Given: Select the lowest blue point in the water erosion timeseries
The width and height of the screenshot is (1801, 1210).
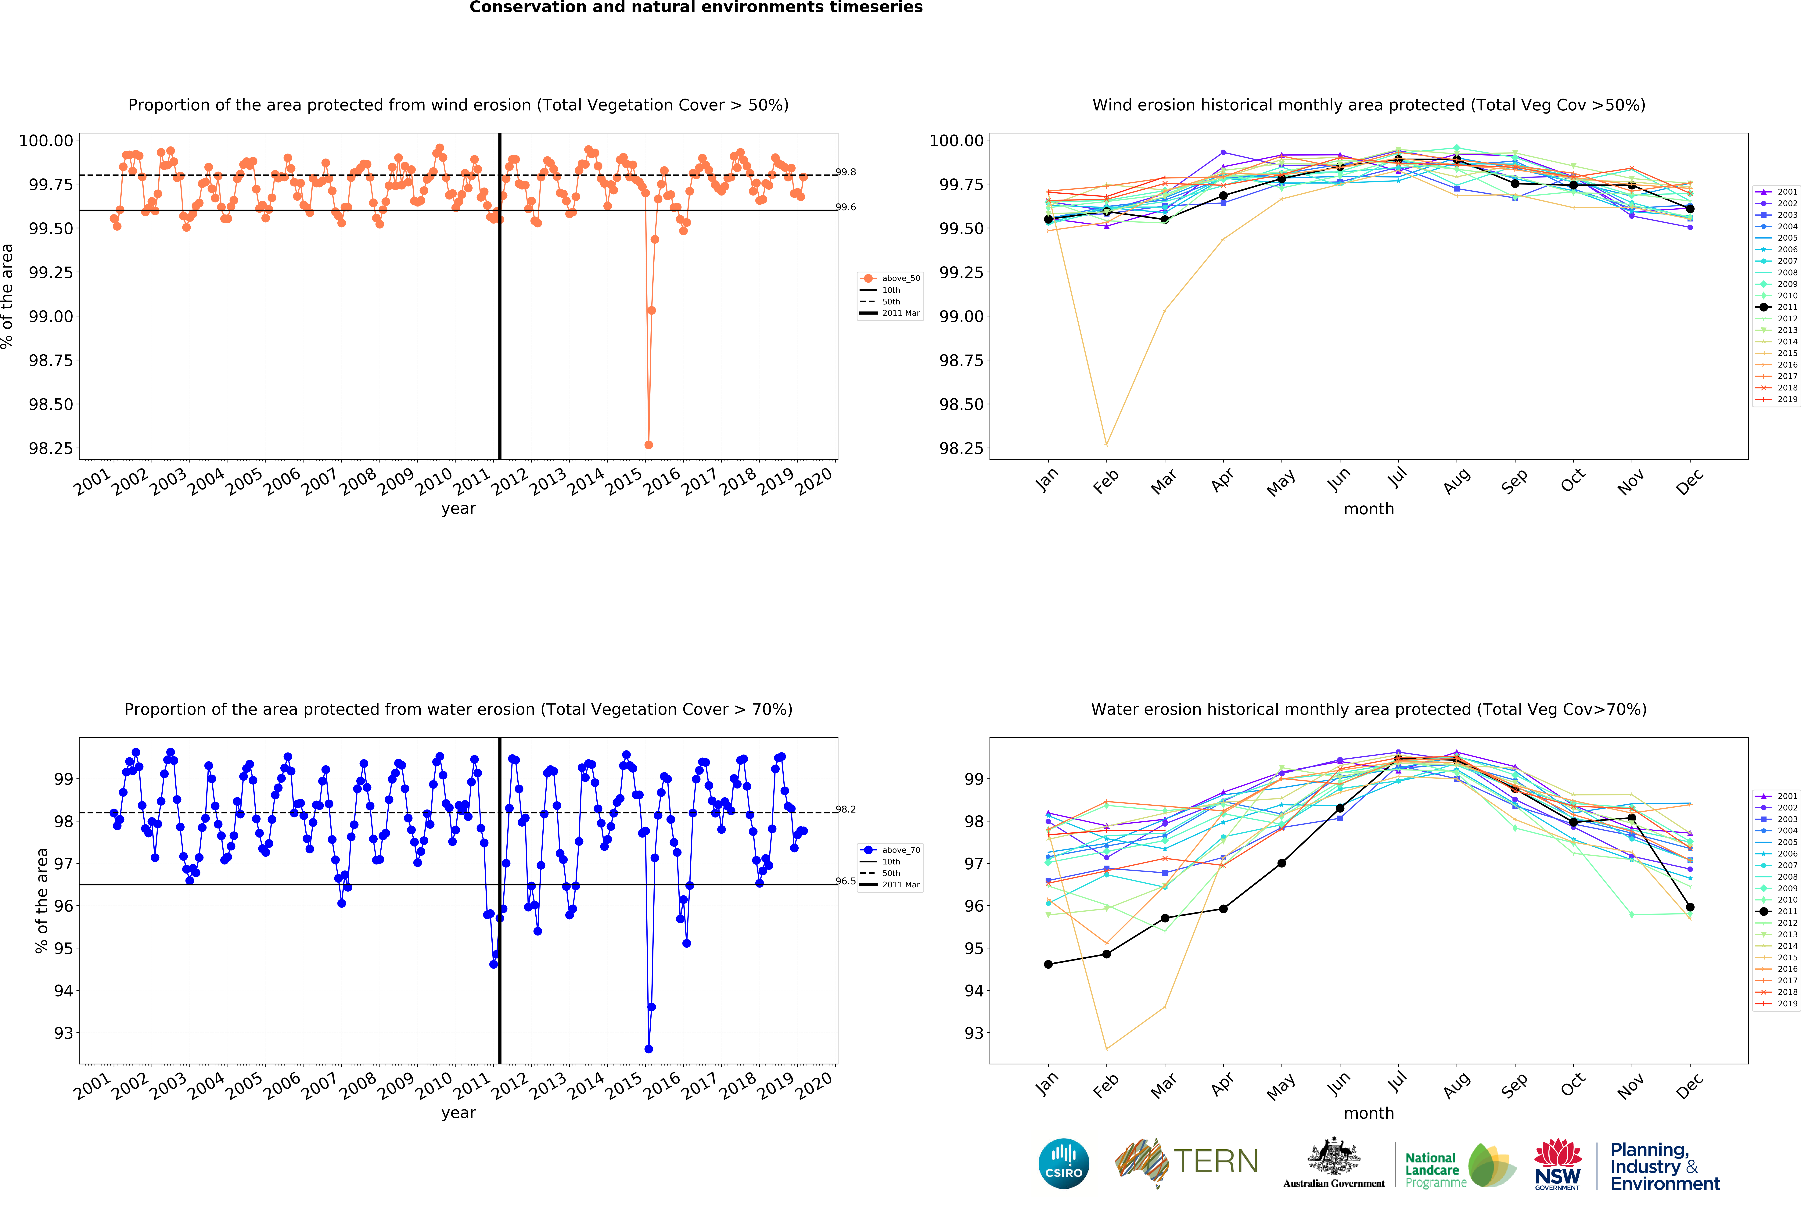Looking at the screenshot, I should point(648,1049).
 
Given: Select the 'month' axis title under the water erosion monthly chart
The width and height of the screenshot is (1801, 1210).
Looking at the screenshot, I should point(1369,1113).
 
